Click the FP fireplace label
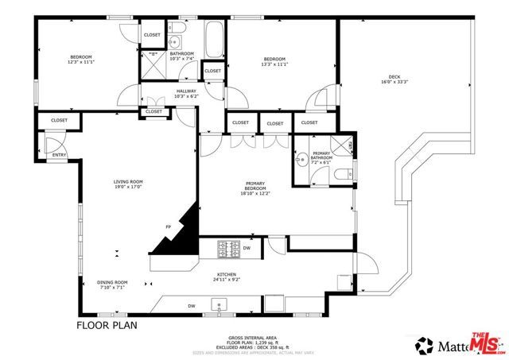168,227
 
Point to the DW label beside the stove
247,248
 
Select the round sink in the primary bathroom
301,161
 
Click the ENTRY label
59,155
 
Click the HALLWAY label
185,91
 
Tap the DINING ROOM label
112,282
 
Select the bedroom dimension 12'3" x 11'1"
82,62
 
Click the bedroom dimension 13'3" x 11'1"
275,64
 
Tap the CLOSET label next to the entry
59,120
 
